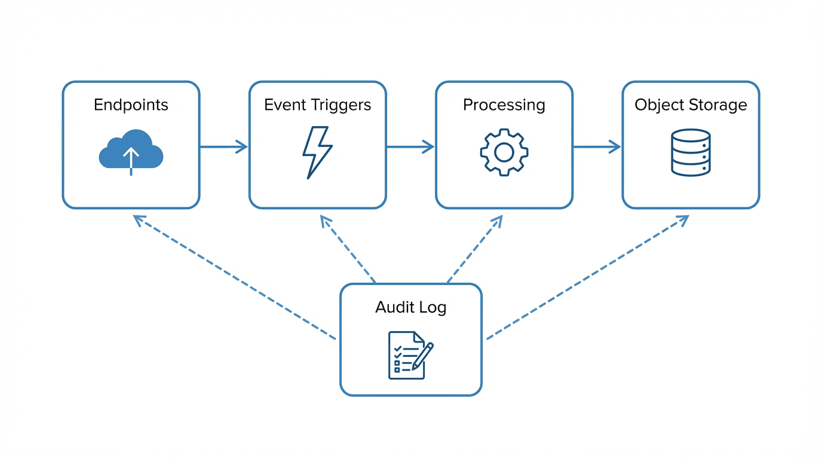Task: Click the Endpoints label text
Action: (x=131, y=105)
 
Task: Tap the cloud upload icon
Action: (x=131, y=151)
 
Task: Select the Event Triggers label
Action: (x=317, y=105)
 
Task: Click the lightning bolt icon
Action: (x=317, y=152)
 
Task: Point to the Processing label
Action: (x=504, y=105)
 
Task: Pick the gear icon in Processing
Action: (x=504, y=152)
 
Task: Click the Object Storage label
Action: (x=691, y=105)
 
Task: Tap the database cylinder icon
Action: (x=691, y=152)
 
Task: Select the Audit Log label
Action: (x=410, y=308)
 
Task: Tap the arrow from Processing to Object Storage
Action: (x=597, y=146)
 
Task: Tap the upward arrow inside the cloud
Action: (x=131, y=159)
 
